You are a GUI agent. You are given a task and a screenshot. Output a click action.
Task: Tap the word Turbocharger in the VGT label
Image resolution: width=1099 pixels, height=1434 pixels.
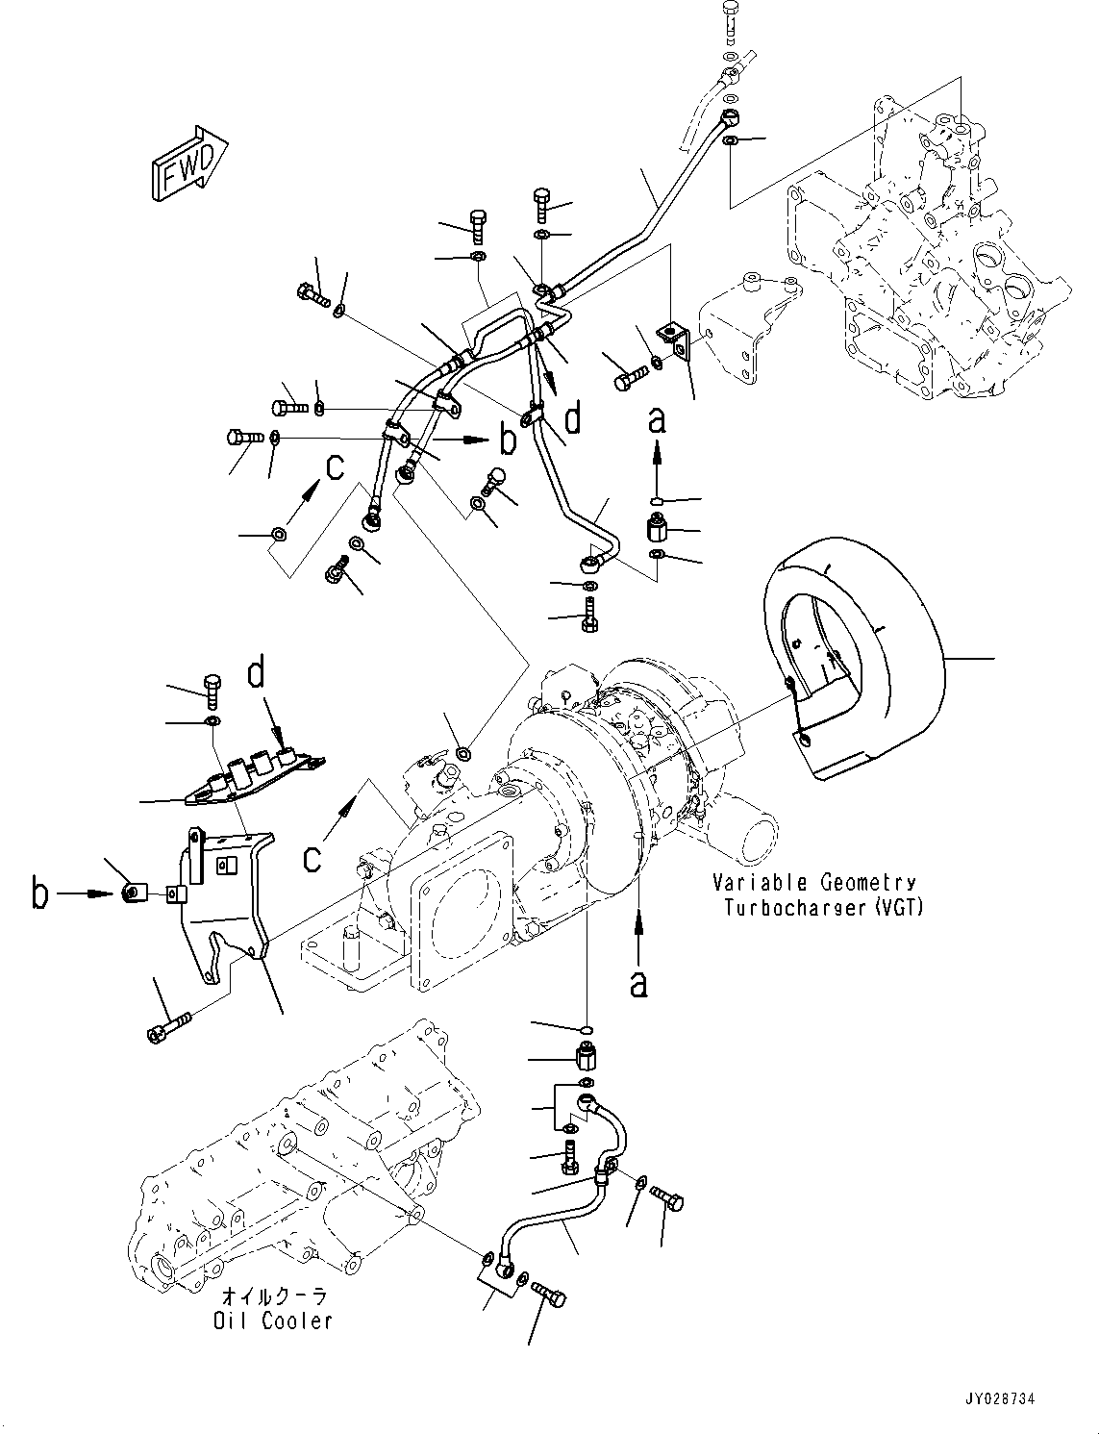tap(794, 907)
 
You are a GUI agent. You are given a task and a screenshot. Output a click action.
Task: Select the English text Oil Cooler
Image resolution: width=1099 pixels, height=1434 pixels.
tap(273, 1321)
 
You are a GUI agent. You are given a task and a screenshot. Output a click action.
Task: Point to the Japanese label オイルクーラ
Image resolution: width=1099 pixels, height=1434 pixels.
tap(274, 1296)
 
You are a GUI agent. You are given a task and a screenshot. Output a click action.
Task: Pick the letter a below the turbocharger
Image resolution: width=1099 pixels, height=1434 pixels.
tap(637, 983)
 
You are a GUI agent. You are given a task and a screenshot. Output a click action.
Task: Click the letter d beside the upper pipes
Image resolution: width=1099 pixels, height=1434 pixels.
tap(572, 419)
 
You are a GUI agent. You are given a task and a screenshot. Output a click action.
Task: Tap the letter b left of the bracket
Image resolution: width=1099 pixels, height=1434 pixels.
tap(39, 894)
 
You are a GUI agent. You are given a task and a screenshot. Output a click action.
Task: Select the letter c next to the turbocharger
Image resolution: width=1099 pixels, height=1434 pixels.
tap(311, 855)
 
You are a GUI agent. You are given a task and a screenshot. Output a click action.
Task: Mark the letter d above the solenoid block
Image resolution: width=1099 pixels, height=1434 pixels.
tap(256, 674)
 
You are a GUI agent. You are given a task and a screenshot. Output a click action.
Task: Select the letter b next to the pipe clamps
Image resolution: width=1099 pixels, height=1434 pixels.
tap(508, 440)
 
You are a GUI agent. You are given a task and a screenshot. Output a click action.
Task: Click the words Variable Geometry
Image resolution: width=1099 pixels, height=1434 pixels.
tap(813, 882)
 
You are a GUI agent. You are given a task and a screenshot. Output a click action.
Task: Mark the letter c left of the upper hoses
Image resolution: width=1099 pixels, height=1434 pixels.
tap(333, 467)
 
